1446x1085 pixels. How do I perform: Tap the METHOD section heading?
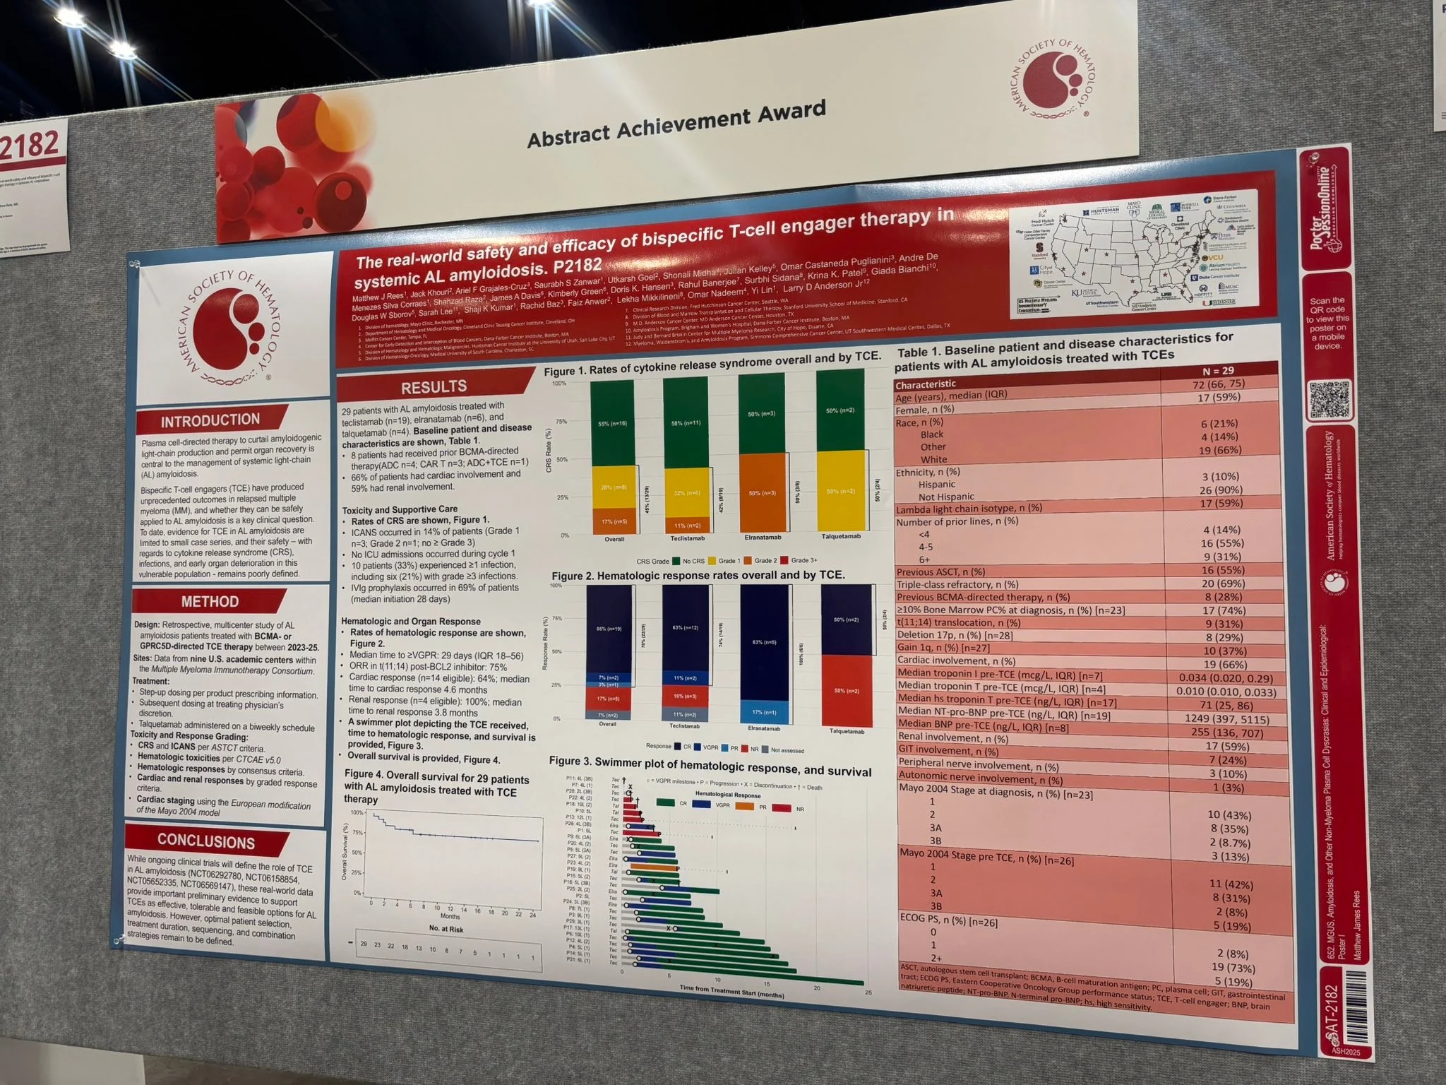(x=210, y=602)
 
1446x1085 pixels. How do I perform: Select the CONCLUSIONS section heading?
(x=206, y=841)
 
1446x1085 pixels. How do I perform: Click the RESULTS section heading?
(x=434, y=386)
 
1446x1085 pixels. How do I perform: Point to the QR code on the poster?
(x=1328, y=400)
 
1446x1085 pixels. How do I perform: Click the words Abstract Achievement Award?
(x=676, y=124)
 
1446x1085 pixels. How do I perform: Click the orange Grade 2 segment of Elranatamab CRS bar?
(x=762, y=492)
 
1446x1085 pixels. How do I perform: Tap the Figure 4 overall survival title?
(x=436, y=789)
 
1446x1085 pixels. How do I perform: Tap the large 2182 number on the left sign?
(x=30, y=145)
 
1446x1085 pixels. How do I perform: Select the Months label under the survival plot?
(x=450, y=915)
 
